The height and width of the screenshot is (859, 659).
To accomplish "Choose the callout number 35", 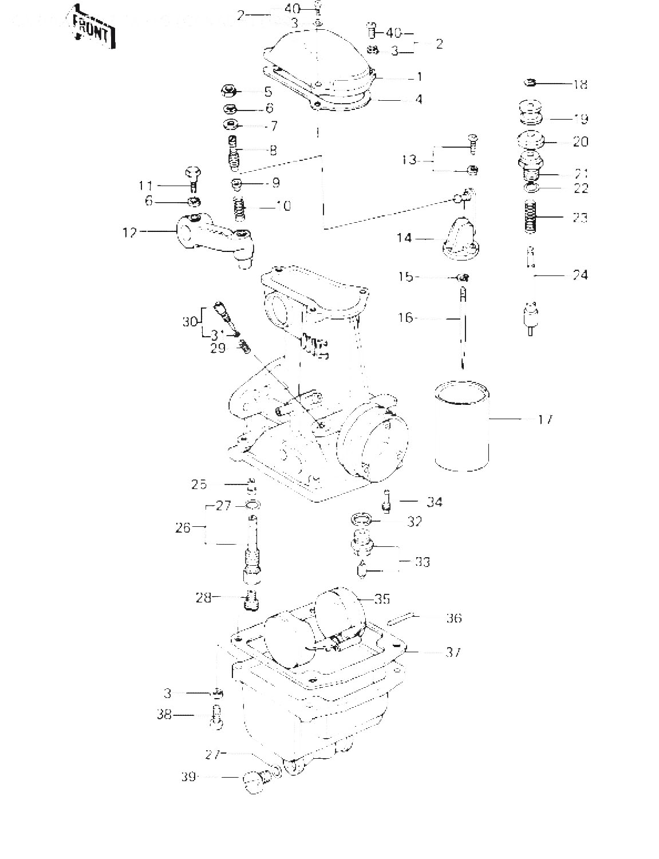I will pyautogui.click(x=382, y=599).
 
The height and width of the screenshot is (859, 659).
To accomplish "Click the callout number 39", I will pyautogui.click(x=188, y=777).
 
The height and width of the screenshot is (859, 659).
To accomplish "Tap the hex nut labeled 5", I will pyautogui.click(x=229, y=91).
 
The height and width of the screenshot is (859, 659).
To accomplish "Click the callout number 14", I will pyautogui.click(x=405, y=237).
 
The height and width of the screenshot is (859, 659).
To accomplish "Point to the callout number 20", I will pyautogui.click(x=580, y=141).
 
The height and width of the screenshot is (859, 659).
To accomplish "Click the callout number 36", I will pyautogui.click(x=453, y=618).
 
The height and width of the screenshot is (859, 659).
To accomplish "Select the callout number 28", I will pyautogui.click(x=203, y=598).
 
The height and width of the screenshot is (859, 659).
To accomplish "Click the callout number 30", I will pyautogui.click(x=190, y=322).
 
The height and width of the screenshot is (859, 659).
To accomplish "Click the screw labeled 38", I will pyautogui.click(x=216, y=716).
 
